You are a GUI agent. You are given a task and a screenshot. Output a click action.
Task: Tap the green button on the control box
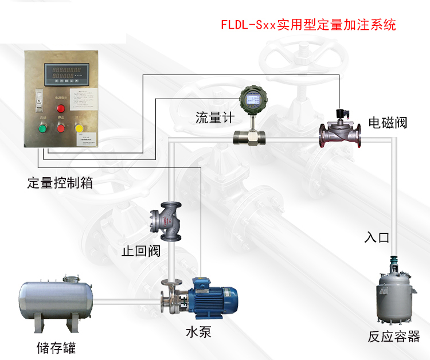[x=41, y=127]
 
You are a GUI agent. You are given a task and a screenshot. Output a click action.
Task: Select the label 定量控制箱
[x=60, y=183]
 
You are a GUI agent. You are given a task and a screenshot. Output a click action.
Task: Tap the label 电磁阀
[x=388, y=123]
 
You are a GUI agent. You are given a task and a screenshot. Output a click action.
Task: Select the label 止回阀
[x=141, y=252]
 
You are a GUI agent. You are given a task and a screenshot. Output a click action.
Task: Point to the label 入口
[x=377, y=237]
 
